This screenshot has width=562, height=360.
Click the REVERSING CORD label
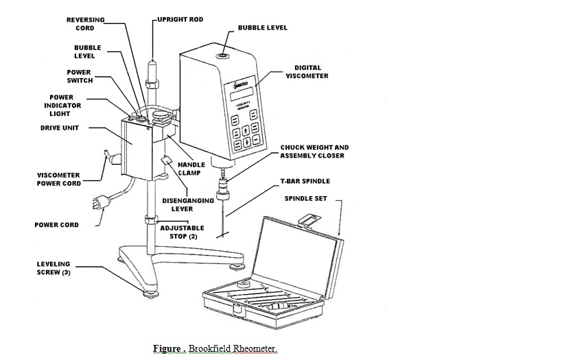click(x=85, y=24)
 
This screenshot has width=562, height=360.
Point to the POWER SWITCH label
click(x=79, y=75)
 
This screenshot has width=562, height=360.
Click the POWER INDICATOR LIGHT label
click(x=65, y=106)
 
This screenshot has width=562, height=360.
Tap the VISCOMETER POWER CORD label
click(x=58, y=179)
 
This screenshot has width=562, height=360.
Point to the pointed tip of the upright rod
click(x=151, y=62)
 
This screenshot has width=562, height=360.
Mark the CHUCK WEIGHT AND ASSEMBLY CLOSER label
click(x=314, y=152)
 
